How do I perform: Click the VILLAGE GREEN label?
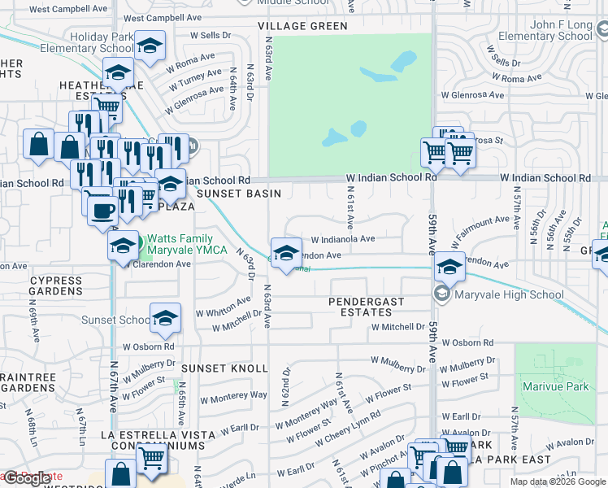click(x=303, y=26)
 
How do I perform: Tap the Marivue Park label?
click(x=555, y=386)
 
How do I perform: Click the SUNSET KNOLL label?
click(x=224, y=368)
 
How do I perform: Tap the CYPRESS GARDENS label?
click(x=55, y=285)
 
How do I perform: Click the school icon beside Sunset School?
click(x=165, y=319)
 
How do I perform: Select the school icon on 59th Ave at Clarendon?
click(x=449, y=265)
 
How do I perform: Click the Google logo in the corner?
click(x=27, y=478)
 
